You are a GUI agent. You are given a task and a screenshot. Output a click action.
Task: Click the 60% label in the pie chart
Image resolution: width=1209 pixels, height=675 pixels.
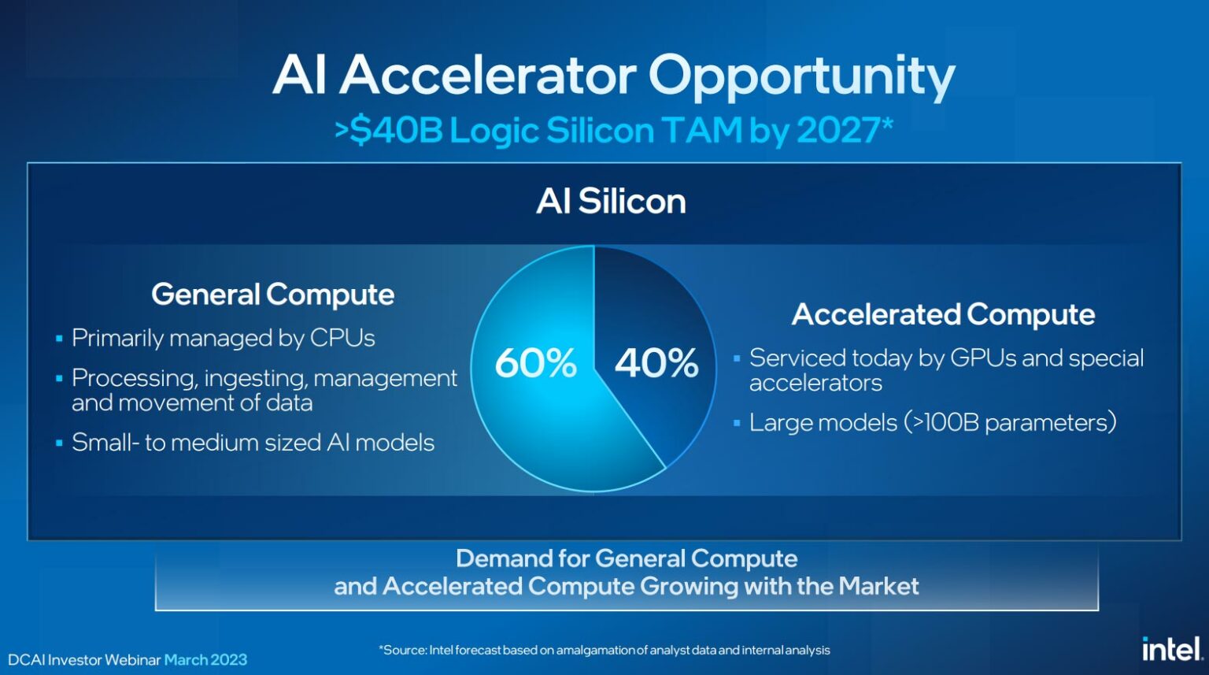(x=535, y=363)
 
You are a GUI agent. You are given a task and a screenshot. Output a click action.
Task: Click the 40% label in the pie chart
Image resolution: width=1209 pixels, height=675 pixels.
(x=656, y=363)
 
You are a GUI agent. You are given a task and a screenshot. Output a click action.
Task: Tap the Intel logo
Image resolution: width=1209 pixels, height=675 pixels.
(x=1171, y=649)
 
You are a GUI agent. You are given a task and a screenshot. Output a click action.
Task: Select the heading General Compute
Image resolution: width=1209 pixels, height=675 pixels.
(x=272, y=295)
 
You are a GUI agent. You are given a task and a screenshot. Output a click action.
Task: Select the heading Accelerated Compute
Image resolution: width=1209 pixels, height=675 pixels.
(x=943, y=314)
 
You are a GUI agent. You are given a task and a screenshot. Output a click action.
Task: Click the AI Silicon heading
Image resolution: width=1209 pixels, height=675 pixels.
(x=611, y=202)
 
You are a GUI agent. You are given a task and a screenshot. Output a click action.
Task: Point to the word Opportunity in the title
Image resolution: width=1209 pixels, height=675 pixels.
(x=801, y=77)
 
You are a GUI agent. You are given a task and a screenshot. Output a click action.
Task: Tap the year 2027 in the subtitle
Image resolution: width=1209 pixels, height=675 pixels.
(x=837, y=131)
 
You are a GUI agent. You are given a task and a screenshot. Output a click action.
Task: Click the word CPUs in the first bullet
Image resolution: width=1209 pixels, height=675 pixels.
(x=342, y=338)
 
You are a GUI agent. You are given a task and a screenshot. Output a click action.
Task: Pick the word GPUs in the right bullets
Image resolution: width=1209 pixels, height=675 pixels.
(x=983, y=358)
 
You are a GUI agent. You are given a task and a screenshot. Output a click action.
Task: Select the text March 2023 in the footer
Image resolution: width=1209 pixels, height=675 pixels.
(x=205, y=660)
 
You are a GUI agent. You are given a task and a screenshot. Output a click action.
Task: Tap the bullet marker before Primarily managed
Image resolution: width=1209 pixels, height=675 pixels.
(x=59, y=339)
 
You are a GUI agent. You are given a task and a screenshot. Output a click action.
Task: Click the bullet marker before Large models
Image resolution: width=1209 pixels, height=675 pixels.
(x=737, y=423)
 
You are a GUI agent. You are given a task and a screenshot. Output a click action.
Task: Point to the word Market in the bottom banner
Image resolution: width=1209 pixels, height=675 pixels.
(x=878, y=586)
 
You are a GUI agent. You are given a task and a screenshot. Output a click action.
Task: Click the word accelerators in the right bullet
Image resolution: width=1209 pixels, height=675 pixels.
(x=815, y=384)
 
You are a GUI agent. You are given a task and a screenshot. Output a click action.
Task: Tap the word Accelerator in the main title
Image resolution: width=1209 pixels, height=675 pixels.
(x=488, y=76)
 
